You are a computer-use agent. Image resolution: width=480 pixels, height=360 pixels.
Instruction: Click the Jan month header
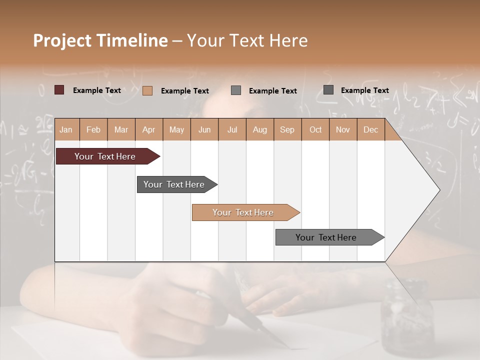point(66,129)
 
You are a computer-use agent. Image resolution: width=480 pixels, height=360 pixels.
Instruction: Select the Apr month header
point(148,129)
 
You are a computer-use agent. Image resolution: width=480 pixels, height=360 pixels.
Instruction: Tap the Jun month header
point(204,129)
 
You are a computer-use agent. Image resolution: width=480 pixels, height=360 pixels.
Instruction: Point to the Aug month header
point(259,129)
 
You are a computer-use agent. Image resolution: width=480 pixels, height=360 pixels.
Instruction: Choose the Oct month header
point(315,129)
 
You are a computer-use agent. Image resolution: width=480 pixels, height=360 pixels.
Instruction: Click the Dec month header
point(370,129)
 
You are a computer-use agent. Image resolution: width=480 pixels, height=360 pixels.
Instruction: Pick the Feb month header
point(93,129)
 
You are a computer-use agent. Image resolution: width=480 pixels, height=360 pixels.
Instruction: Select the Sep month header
point(287,129)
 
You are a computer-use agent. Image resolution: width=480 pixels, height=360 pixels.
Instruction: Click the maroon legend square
point(59,90)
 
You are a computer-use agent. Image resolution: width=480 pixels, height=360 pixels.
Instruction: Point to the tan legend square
point(147,90)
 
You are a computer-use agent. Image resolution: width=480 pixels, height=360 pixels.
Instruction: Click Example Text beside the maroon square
point(97,90)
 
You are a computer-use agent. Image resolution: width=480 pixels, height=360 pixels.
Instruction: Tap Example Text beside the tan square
point(185,91)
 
